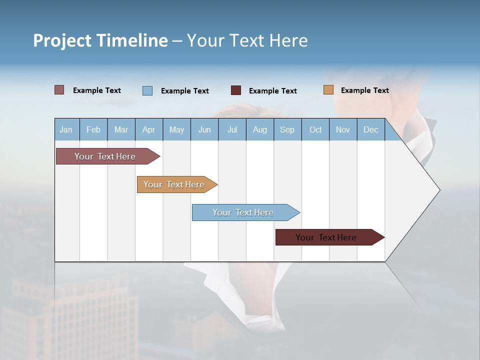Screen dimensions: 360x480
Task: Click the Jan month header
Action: point(66,129)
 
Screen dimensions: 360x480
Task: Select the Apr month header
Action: point(148,129)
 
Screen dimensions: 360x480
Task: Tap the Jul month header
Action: point(232,129)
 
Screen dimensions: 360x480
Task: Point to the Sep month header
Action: point(287,129)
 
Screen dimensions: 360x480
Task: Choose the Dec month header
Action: point(370,129)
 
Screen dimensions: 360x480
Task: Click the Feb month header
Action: point(93,129)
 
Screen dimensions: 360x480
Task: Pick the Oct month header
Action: point(315,129)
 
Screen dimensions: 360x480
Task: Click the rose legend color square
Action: point(59,90)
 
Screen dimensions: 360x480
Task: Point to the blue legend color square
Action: point(147,90)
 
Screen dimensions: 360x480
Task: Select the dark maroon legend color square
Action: point(236,90)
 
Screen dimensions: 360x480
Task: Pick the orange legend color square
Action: point(328,90)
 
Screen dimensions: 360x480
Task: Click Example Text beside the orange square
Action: point(364,90)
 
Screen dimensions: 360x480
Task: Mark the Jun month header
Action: point(204,129)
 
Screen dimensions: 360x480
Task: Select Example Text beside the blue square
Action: point(184,90)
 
